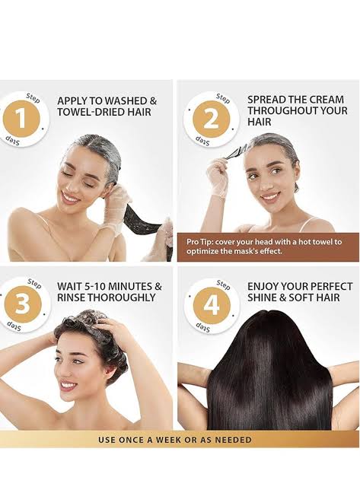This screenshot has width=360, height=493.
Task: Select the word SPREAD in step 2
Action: click(266, 100)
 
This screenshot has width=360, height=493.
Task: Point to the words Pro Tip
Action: click(200, 241)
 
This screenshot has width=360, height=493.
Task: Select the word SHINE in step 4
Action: click(263, 298)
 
